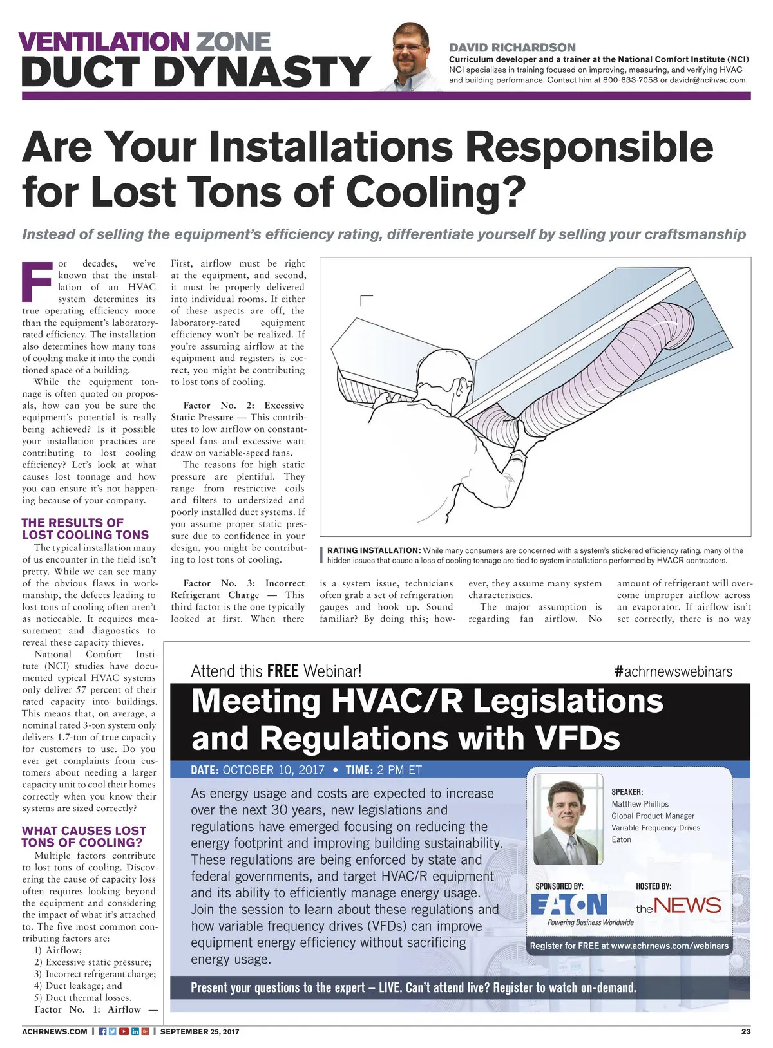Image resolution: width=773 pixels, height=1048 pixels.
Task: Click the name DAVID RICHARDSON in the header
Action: (x=512, y=48)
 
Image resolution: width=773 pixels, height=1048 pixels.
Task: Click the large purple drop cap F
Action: (x=37, y=281)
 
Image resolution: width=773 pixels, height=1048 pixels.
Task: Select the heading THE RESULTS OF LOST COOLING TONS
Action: (x=85, y=529)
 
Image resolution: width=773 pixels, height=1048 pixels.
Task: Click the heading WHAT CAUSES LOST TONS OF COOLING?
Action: (x=84, y=836)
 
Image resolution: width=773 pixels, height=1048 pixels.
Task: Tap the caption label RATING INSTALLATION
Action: (x=373, y=550)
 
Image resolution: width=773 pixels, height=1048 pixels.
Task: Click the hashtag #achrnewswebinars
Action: (x=673, y=671)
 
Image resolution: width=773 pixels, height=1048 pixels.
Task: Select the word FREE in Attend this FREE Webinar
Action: (x=282, y=671)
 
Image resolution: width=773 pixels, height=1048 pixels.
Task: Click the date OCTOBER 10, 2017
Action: (x=273, y=770)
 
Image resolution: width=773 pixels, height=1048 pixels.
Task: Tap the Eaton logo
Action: (x=569, y=904)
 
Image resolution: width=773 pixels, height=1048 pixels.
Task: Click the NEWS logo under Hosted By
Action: (x=678, y=906)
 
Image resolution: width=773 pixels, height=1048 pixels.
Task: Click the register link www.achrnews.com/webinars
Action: (x=670, y=946)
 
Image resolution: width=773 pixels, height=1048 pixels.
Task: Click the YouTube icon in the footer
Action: (x=124, y=1031)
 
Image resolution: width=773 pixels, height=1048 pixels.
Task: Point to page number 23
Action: (x=745, y=1031)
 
